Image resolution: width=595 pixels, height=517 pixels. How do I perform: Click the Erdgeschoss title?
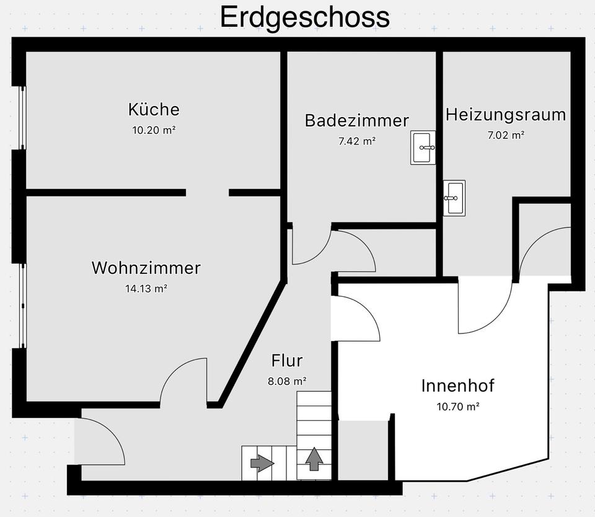pos(305,17)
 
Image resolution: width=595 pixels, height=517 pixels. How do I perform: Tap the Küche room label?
pos(154,110)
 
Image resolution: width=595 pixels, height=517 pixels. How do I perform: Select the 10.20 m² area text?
pos(154,130)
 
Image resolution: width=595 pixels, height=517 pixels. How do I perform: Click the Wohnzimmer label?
pos(146,268)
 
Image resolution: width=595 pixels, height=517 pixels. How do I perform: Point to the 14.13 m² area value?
pos(146,288)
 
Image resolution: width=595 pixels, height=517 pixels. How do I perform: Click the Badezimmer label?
pos(356,120)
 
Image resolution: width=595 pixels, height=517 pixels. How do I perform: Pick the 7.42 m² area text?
pos(356,141)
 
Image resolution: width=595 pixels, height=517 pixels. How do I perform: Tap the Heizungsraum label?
pos(506,115)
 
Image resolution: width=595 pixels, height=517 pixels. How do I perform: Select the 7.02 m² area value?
pos(506,135)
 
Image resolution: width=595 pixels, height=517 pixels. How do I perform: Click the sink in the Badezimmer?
pos(423,148)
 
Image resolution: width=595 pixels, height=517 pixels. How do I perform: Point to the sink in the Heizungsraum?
pos(454,198)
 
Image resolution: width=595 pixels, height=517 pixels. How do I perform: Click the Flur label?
pos(287,360)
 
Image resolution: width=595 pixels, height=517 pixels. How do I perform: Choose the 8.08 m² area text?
pos(287,381)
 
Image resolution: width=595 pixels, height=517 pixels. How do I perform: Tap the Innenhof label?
pos(458,386)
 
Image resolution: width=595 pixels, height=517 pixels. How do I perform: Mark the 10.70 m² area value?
pos(458,407)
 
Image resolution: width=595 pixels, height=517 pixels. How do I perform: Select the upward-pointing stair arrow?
pos(314,458)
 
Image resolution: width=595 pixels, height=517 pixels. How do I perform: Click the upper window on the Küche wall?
pos(22,118)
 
